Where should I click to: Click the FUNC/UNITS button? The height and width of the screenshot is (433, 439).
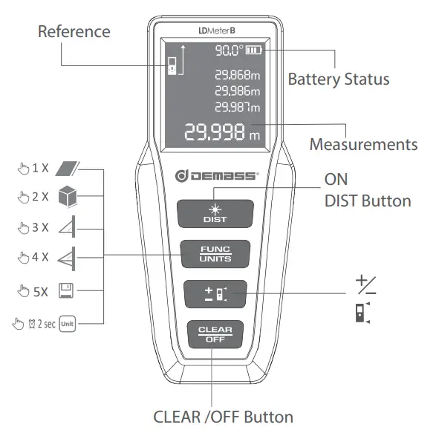pos(215,254)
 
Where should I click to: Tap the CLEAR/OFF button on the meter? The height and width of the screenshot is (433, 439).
pos(215,333)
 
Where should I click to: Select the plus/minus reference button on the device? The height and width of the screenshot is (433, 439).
pos(215,294)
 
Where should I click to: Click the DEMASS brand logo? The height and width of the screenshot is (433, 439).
pos(215,176)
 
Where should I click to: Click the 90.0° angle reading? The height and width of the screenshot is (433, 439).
pos(229,51)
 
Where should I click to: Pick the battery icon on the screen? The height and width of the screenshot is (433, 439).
pos(255,51)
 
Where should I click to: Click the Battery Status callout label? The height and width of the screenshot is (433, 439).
pos(338,79)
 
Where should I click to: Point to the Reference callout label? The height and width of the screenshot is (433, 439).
pos(74,31)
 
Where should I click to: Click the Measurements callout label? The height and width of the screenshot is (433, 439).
pos(362,143)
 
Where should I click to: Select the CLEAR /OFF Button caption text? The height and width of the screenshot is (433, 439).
pos(222,416)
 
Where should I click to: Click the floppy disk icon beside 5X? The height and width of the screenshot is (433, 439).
pos(67,290)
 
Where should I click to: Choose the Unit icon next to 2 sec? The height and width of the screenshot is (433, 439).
pos(68,323)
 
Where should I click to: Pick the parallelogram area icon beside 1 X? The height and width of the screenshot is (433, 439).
pos(68,168)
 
